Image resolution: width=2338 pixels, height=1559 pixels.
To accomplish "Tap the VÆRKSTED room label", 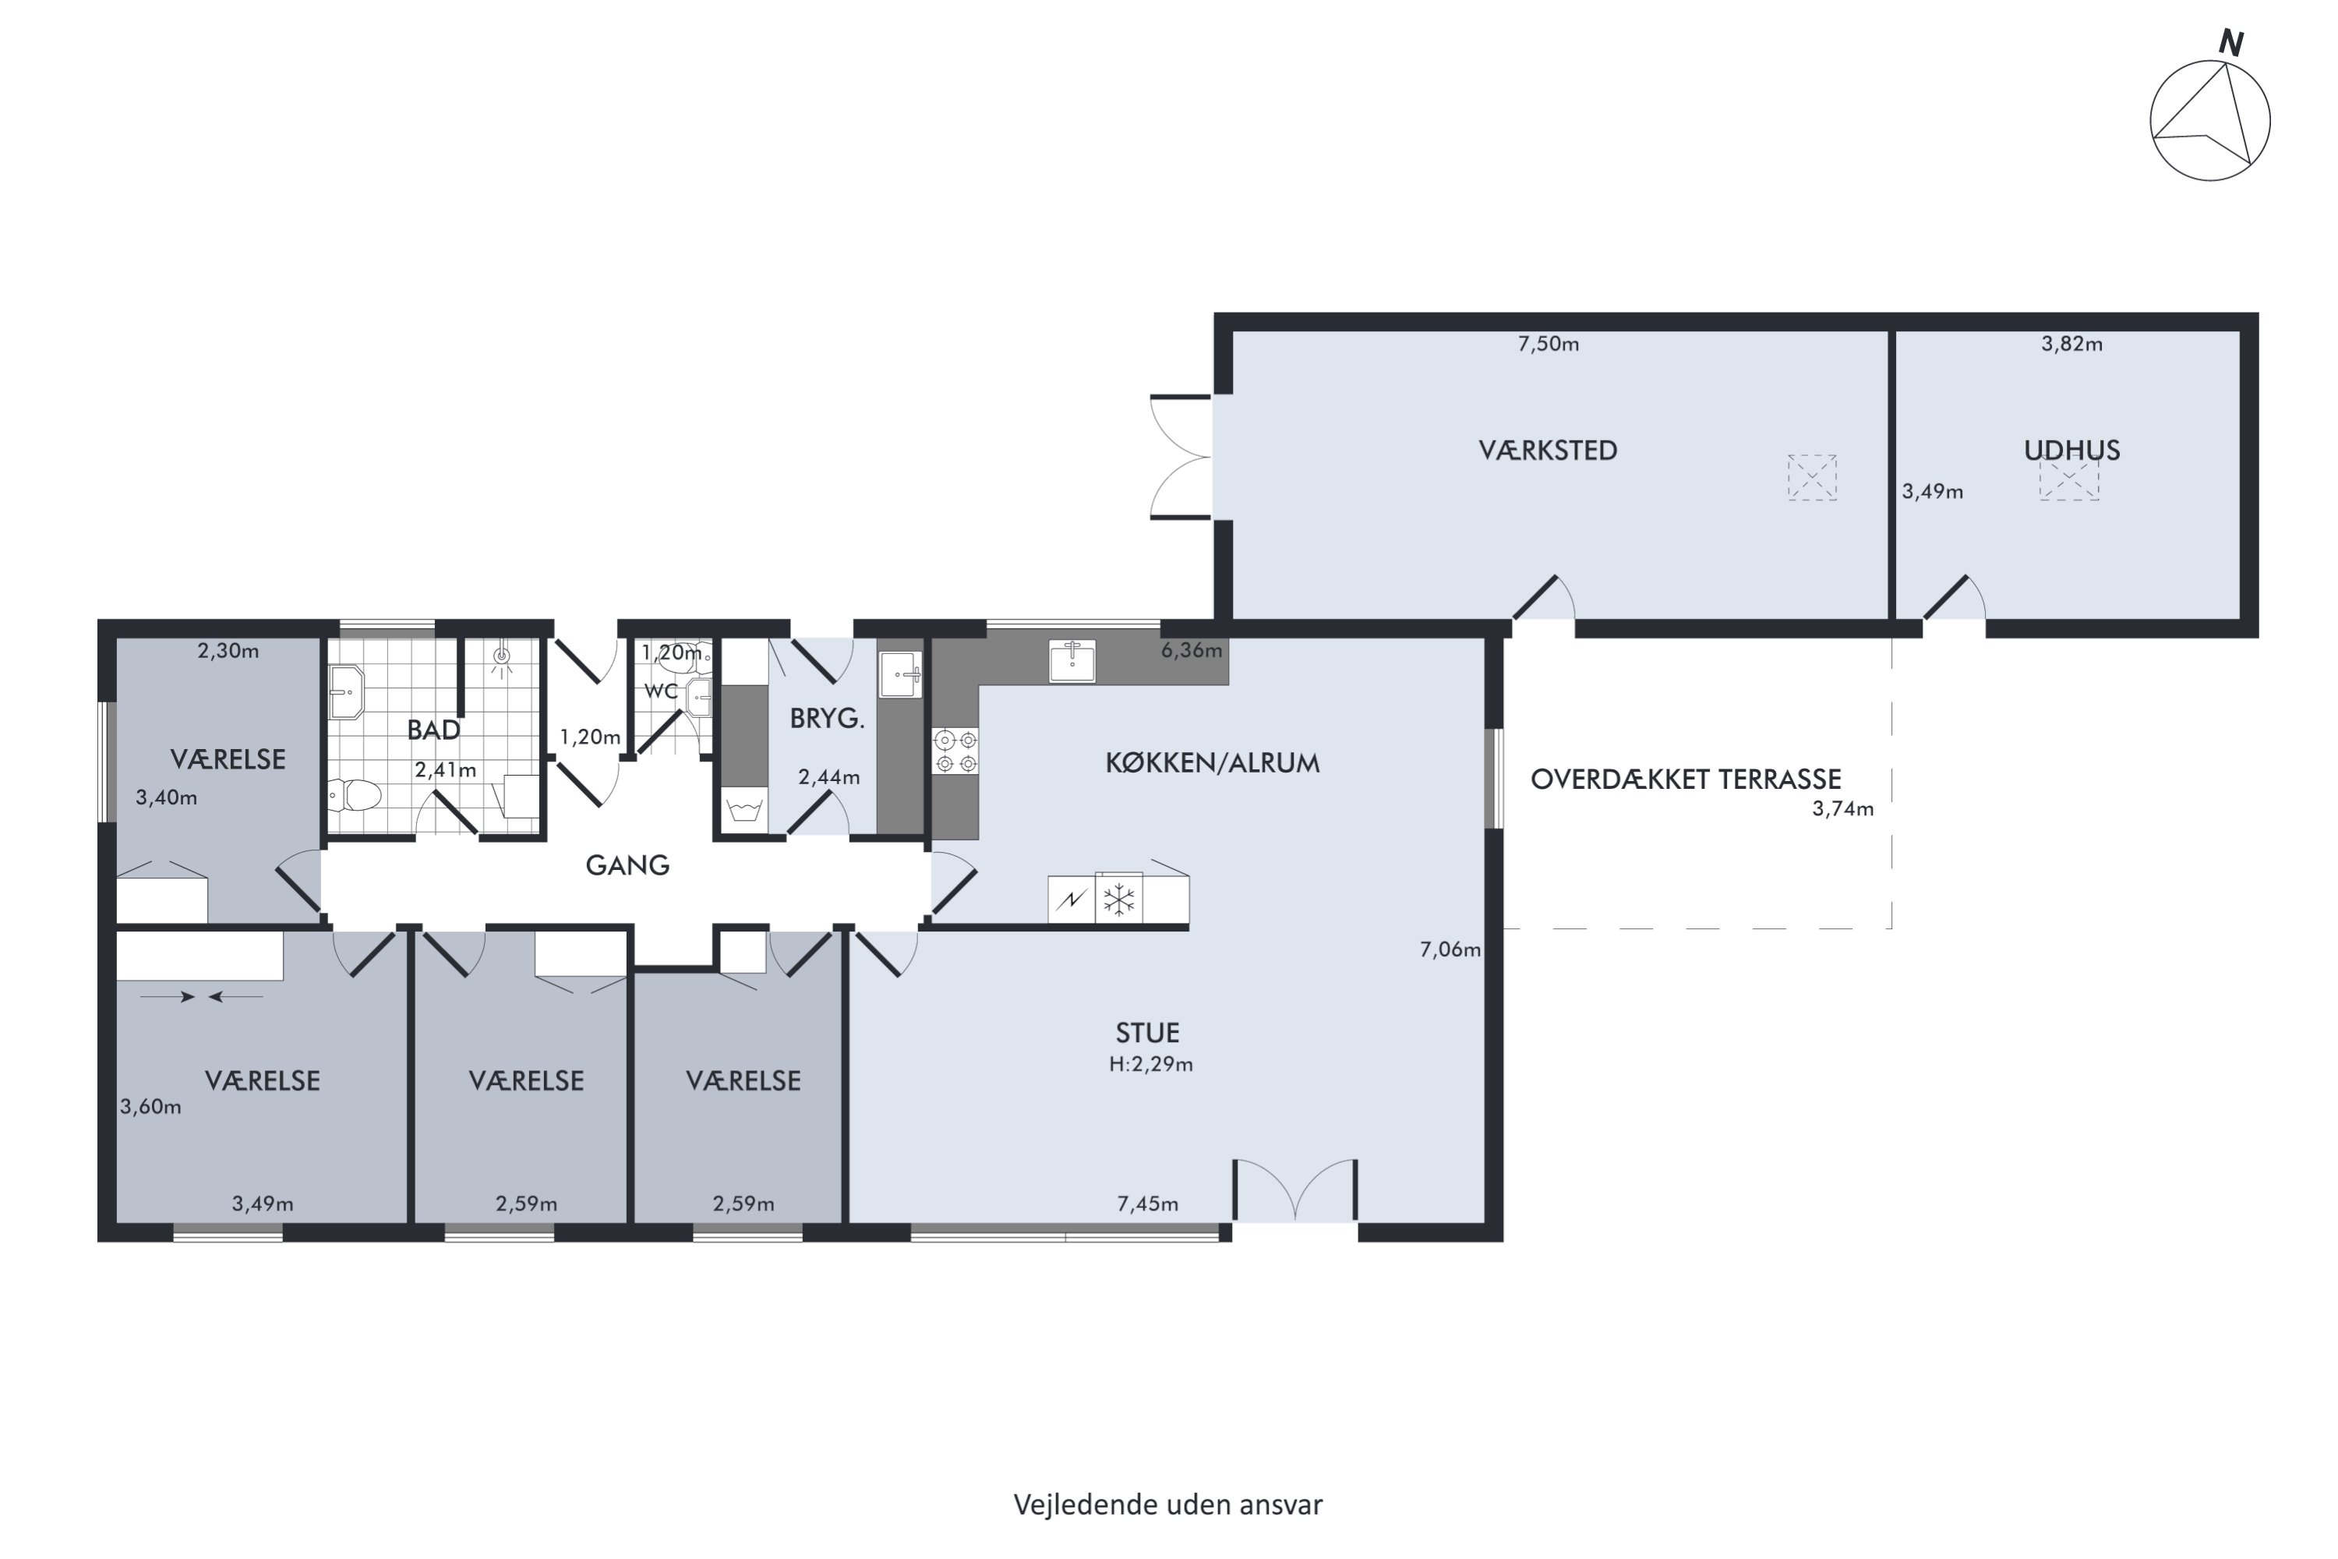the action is tap(1548, 451).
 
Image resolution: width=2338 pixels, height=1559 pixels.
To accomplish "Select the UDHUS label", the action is tap(2071, 451).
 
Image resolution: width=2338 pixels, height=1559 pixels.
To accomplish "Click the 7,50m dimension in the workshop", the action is tap(1548, 344).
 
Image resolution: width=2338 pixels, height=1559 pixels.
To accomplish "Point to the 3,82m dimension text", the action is tap(2071, 344).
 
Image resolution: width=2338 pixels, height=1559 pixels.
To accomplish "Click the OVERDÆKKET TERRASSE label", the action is tap(1686, 779).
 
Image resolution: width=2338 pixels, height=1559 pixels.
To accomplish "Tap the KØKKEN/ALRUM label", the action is tap(1213, 764).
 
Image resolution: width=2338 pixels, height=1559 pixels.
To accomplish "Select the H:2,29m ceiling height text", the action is tap(1151, 1064).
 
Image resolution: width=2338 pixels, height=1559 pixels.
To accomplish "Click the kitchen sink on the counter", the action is tap(1072, 661).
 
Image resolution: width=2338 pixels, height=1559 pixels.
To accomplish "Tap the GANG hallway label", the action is tap(627, 865).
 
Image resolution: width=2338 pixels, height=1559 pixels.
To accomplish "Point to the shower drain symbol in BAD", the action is tap(502, 656).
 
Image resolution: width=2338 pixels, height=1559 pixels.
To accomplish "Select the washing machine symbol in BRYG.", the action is tap(744, 808).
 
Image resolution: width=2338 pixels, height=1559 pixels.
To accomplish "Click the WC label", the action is tap(661, 691).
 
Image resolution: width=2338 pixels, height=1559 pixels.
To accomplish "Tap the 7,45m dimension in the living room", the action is tap(1148, 1204).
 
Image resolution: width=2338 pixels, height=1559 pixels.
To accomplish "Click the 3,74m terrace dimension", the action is tap(1843, 809).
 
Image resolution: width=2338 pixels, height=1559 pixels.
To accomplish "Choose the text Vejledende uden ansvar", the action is tap(1168, 1504).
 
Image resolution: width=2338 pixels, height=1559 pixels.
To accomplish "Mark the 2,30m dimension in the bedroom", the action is tap(228, 651).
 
